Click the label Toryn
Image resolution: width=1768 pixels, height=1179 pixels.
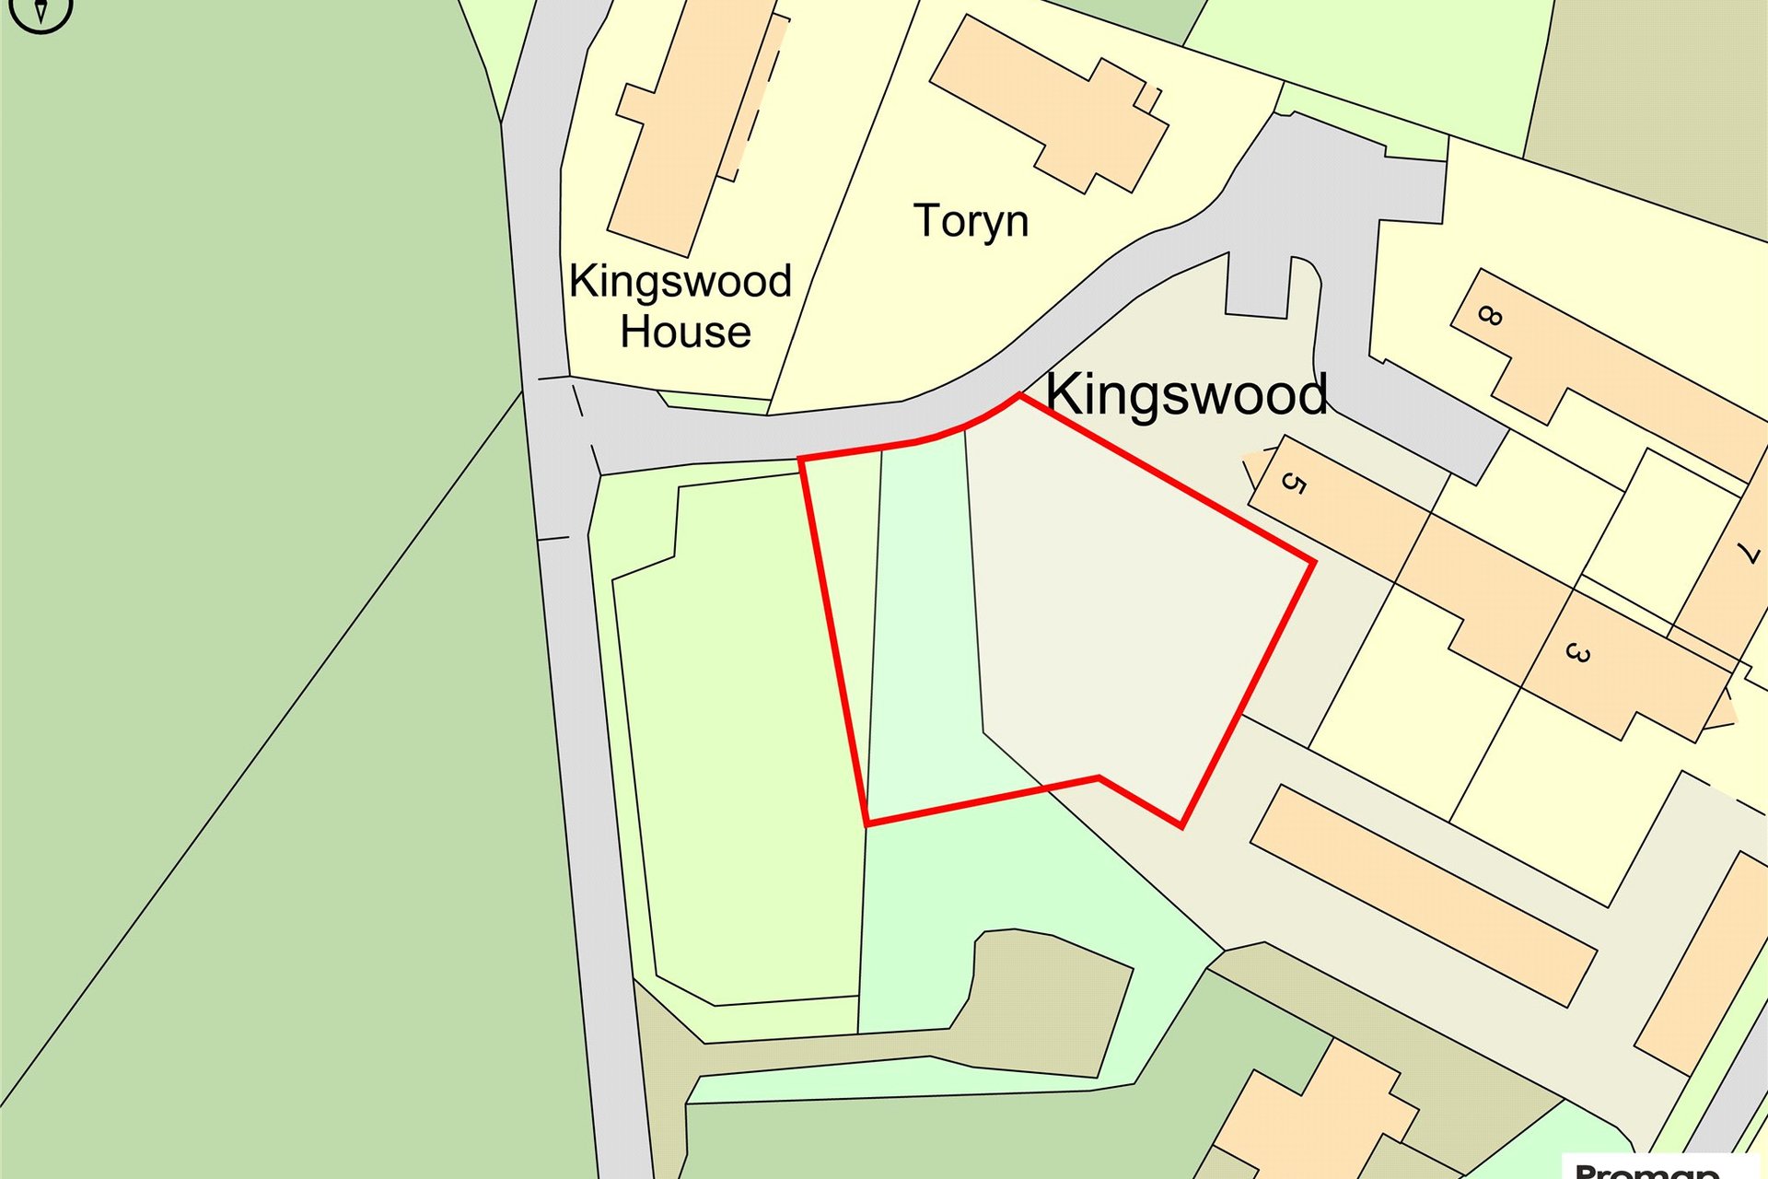coord(971,222)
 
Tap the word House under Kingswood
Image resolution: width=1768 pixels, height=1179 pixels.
coord(685,332)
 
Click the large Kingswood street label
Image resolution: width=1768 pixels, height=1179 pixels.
coord(1186,394)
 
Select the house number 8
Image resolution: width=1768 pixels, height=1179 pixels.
coord(1489,316)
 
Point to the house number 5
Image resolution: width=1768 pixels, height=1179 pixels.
coord(1294,483)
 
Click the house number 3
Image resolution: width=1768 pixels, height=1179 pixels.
coord(1577,653)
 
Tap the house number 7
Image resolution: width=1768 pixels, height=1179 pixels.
coord(1747,553)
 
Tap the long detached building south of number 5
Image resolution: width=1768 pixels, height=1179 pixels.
coord(1423,893)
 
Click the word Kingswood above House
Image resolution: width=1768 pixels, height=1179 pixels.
coord(680,281)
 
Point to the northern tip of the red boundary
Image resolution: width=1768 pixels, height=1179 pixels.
coord(1019,396)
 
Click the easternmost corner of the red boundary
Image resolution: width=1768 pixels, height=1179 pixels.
coord(1312,561)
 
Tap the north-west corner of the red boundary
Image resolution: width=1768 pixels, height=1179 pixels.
coord(801,459)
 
